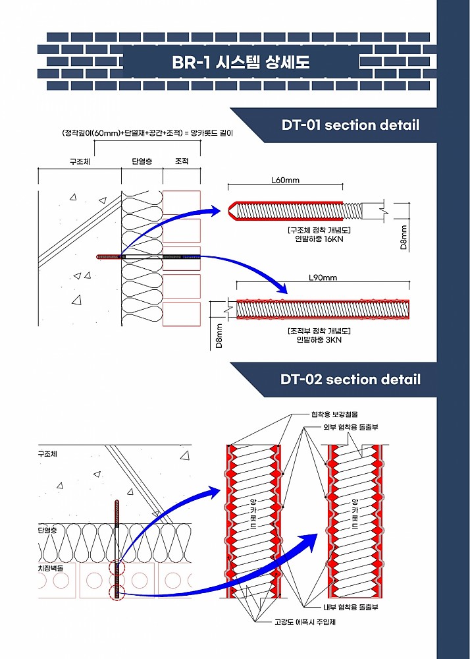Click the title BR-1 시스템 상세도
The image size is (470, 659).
tap(240, 63)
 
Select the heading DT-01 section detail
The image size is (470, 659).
tap(350, 125)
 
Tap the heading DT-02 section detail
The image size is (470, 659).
tap(350, 379)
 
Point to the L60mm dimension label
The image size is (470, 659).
tap(285, 180)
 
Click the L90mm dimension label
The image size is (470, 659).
tap(323, 277)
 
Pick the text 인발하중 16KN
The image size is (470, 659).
tap(319, 239)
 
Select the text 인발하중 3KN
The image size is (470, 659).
tap(319, 339)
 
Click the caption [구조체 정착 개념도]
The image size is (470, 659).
tap(319, 229)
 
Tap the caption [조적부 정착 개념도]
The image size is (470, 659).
tap(319, 330)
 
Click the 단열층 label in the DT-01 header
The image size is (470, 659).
tap(142, 161)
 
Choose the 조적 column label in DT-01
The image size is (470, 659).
tap(181, 161)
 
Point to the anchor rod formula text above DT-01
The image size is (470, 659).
tap(147, 132)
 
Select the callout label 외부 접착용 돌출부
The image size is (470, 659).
tap(350, 427)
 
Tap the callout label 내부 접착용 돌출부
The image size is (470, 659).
tap(350, 607)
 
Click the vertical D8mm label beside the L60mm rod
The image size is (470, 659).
tap(404, 237)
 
